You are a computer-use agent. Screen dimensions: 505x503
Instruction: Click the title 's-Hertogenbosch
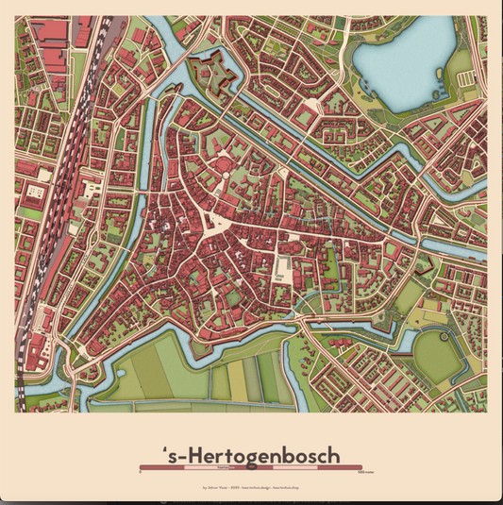pos(251,454)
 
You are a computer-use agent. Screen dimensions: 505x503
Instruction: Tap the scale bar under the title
pos(251,467)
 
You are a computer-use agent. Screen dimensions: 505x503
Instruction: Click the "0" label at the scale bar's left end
pos(140,474)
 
